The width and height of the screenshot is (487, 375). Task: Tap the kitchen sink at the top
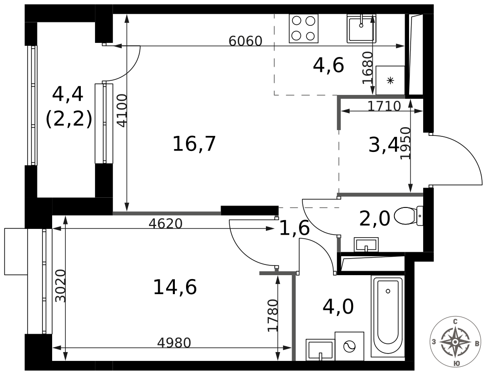pos(361,28)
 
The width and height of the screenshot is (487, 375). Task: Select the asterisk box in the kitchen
pos(390,80)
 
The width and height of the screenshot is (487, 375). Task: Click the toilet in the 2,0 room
pos(408,216)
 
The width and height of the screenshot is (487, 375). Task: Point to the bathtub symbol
pos(388,317)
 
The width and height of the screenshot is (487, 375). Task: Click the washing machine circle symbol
pos(350,346)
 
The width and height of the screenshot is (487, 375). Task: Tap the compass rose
pos(455,341)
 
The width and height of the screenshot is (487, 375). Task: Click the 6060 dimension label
pos(245,41)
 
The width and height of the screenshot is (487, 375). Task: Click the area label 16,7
pos(194,144)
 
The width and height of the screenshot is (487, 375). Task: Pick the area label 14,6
pos(175,287)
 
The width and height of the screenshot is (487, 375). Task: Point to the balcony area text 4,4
pos(68,94)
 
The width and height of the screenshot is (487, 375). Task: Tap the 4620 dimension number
pos(166,224)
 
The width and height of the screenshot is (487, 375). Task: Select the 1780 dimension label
pos(273,316)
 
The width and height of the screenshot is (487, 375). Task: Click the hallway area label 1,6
pos(294,228)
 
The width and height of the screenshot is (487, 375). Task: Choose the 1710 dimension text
pos(384,106)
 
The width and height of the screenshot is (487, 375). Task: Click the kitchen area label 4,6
pos(328,65)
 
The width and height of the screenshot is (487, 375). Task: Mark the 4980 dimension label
pos(174,343)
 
